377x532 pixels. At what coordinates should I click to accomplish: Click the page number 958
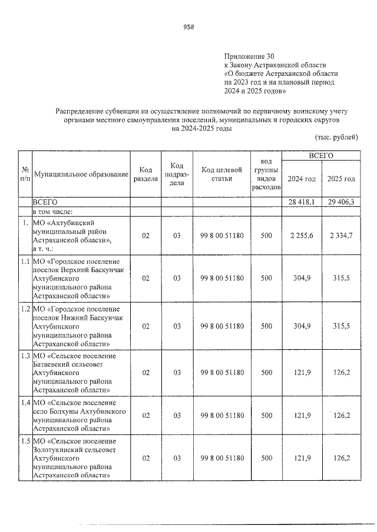(x=188, y=27)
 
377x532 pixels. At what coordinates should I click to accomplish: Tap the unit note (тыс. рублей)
(x=336, y=138)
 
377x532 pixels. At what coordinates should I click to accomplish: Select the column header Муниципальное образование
(x=81, y=175)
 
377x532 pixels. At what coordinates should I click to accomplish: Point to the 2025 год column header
(x=341, y=179)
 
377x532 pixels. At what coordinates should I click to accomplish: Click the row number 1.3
(x=24, y=356)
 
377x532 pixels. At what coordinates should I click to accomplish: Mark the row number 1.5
(x=24, y=441)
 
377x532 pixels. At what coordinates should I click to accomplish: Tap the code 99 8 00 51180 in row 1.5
(x=221, y=458)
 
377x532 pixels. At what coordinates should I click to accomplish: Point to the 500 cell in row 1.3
(x=266, y=372)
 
